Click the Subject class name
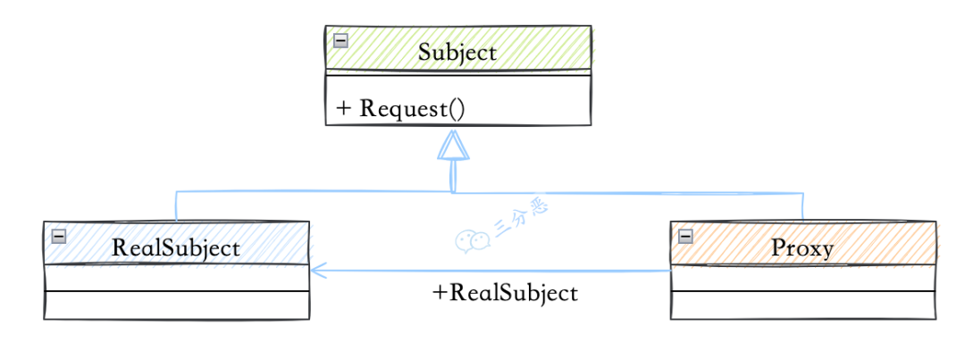(457, 52)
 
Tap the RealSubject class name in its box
(176, 247)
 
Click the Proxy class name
(802, 247)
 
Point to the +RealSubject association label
(505, 293)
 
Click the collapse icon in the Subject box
(340, 40)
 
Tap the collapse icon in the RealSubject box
(59, 236)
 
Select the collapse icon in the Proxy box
(686, 236)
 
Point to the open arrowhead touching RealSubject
(319, 268)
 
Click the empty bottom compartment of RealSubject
(176, 305)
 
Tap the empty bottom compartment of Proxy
(802, 305)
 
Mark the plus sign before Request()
(343, 109)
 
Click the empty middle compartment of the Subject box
(457, 82)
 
